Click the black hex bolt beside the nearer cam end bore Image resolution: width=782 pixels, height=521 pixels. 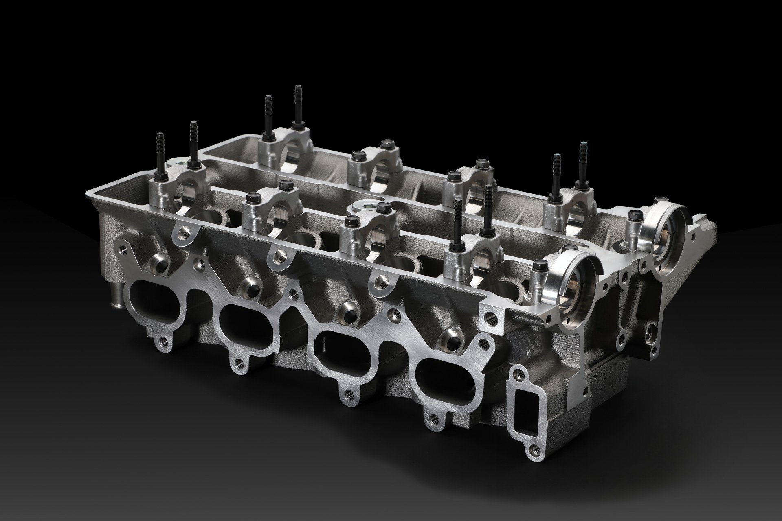tap(537, 269)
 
